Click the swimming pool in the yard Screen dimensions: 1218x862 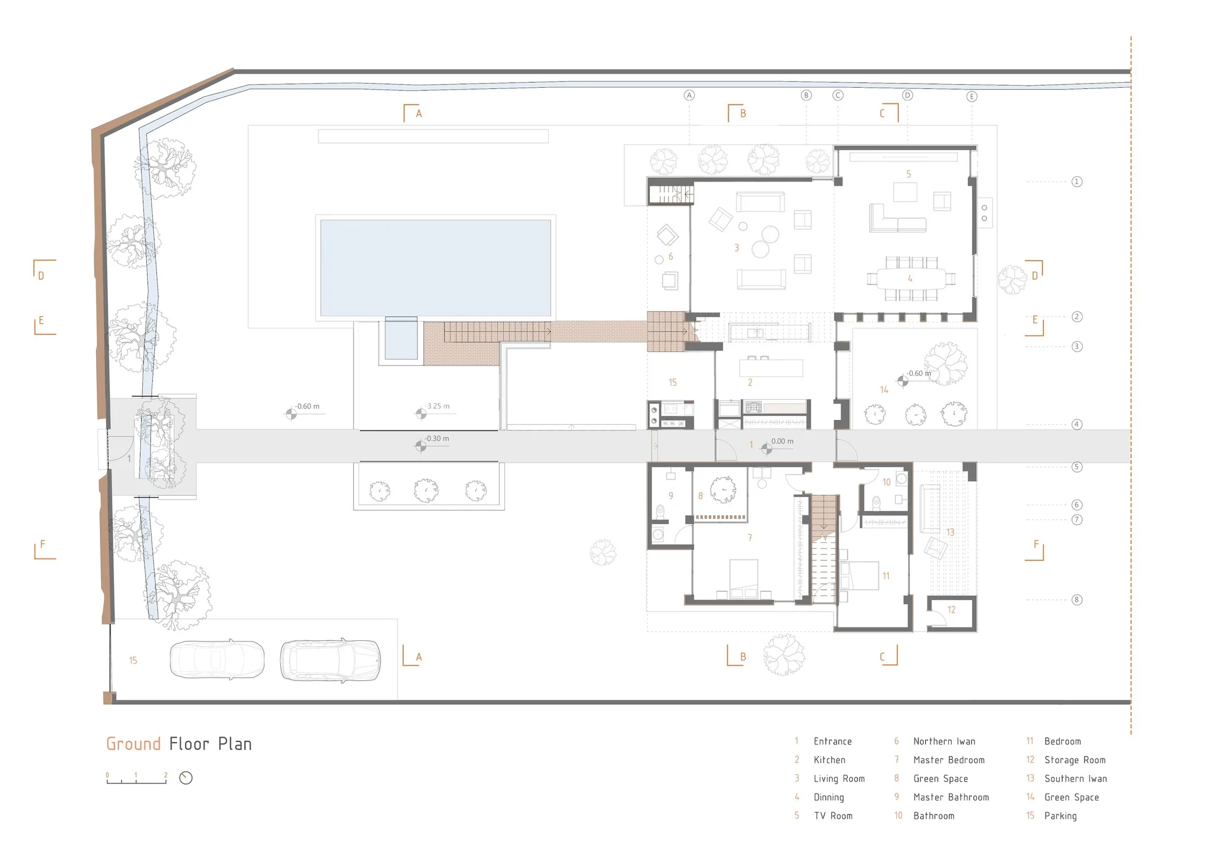(435, 268)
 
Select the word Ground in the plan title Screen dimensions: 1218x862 (133, 744)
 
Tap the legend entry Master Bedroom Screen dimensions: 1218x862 (949, 760)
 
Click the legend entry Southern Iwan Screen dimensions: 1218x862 (1075, 779)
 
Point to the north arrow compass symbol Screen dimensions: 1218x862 (186, 778)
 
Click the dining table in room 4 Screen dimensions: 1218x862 (910, 279)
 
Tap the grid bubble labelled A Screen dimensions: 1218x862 (689, 95)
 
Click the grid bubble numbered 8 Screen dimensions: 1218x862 (1077, 600)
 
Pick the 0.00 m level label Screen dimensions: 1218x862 (783, 441)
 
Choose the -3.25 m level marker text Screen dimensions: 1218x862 (438, 406)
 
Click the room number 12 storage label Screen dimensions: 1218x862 (951, 609)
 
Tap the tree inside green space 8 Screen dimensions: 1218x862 (723, 489)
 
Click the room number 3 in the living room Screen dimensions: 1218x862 (736, 248)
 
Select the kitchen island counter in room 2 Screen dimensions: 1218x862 (771, 368)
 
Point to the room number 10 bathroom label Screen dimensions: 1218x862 (886, 482)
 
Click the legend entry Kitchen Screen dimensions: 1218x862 (829, 760)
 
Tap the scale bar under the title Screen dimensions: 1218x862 (136, 779)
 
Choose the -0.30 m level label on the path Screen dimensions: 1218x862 (437, 439)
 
